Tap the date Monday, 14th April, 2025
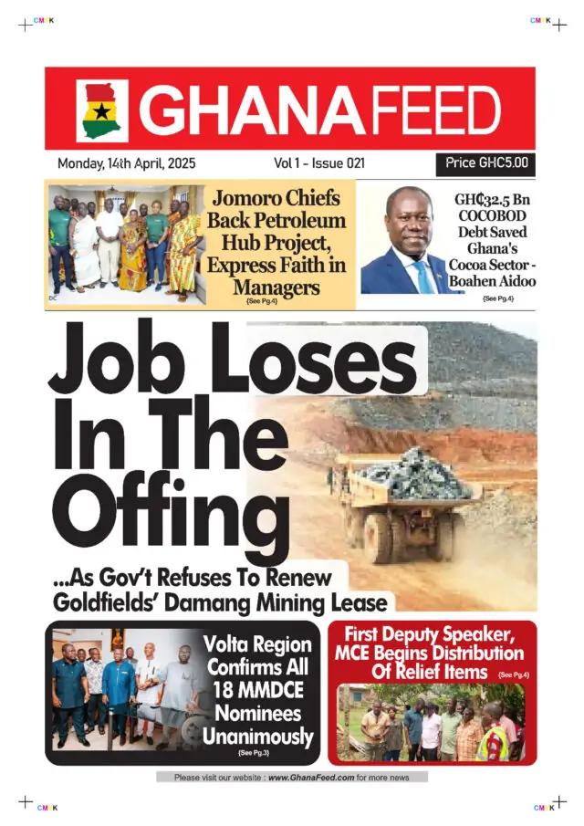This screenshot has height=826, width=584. click(126, 163)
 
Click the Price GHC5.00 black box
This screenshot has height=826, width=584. click(485, 163)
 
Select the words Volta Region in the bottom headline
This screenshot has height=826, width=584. click(257, 646)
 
